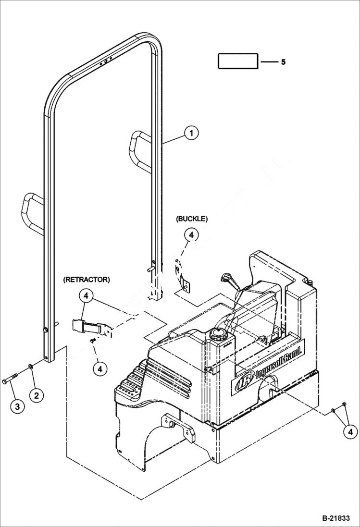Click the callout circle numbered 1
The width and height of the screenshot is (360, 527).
(x=191, y=133)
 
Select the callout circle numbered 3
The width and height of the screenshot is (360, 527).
(x=17, y=406)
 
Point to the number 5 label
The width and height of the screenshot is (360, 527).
(x=283, y=62)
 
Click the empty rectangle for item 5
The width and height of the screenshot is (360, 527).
(x=238, y=61)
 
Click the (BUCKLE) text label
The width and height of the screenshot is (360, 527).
(x=192, y=219)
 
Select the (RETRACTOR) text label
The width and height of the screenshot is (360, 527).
(x=86, y=279)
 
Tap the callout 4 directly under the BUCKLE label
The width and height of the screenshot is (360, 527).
(x=191, y=235)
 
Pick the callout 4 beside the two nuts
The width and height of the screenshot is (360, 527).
(x=350, y=432)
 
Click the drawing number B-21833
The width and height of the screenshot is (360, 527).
(x=336, y=518)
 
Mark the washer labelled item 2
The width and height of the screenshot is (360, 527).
(x=30, y=368)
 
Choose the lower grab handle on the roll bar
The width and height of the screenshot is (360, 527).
(x=32, y=211)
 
